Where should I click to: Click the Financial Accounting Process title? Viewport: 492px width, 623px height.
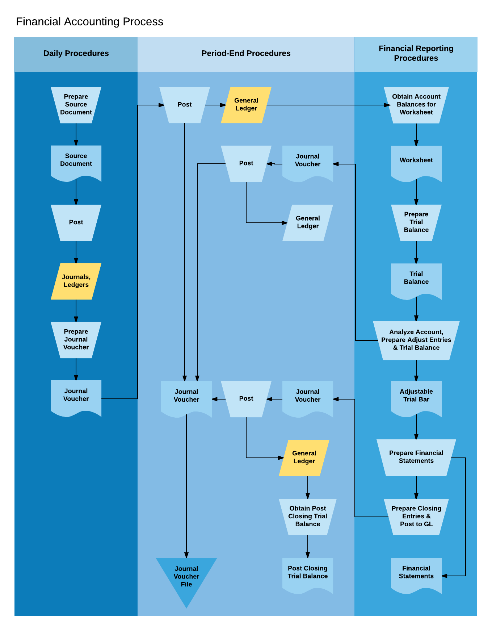coord(89,22)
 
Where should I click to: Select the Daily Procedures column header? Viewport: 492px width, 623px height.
coord(76,54)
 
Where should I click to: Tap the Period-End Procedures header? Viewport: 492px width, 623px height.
coord(246,54)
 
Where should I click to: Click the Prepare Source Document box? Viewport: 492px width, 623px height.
coord(76,105)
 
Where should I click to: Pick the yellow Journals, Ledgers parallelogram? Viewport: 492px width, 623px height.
coord(76,281)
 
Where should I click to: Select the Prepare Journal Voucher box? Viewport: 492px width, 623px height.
coord(76,339)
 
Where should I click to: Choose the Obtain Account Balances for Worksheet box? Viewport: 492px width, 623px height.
coord(416,105)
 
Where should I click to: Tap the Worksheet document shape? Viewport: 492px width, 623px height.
coord(416,161)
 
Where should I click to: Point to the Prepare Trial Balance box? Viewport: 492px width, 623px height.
coord(416,222)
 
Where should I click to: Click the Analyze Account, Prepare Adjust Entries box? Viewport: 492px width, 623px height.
coord(416,340)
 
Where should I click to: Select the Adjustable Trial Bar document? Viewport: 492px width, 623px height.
coord(416,396)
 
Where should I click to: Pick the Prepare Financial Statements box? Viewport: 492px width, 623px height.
coord(416,457)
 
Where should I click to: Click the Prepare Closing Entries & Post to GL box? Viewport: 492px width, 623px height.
coord(416,516)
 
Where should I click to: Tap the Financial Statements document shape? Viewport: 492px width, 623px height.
coord(416,573)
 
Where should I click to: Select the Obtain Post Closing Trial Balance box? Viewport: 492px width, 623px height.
coord(307,516)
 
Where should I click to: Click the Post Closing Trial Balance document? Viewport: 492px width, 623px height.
coord(307,573)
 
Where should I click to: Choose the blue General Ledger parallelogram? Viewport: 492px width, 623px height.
coord(307,222)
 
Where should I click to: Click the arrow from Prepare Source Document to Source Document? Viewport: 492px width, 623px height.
coord(76,134)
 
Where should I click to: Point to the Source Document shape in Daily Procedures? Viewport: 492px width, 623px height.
coord(76,161)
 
